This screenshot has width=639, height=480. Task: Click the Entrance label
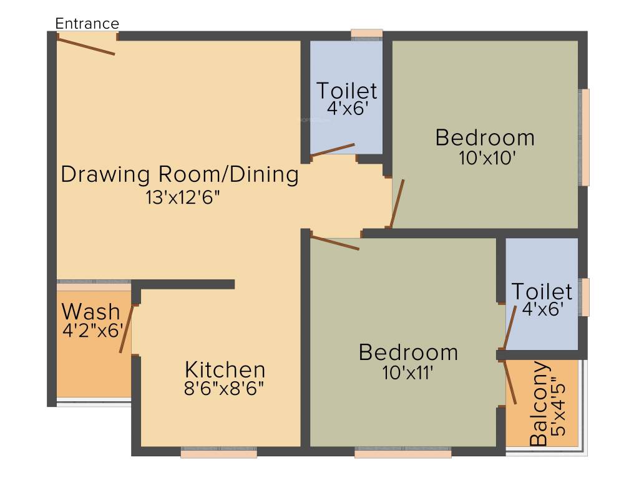(87, 24)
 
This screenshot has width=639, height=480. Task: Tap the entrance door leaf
(85, 45)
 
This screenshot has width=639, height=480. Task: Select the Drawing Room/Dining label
(180, 174)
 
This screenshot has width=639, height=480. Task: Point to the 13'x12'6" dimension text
(183, 198)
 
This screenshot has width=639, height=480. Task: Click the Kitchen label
(225, 370)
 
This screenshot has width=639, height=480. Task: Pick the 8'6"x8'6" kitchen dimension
(224, 389)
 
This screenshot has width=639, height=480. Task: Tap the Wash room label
(91, 312)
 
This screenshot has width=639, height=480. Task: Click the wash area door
(126, 329)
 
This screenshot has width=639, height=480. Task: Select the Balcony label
(539, 403)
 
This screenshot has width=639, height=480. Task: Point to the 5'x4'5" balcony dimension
(559, 409)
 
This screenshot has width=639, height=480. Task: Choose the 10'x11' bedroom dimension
(407, 372)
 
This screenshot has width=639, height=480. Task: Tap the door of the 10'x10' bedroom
(398, 203)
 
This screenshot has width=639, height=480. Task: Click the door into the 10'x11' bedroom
(335, 242)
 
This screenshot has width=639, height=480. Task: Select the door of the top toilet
(333, 149)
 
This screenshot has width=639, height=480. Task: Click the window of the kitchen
(219, 452)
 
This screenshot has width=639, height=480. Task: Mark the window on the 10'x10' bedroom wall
(584, 137)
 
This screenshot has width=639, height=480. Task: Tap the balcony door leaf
(510, 382)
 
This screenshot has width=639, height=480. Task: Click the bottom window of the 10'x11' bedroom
(403, 452)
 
